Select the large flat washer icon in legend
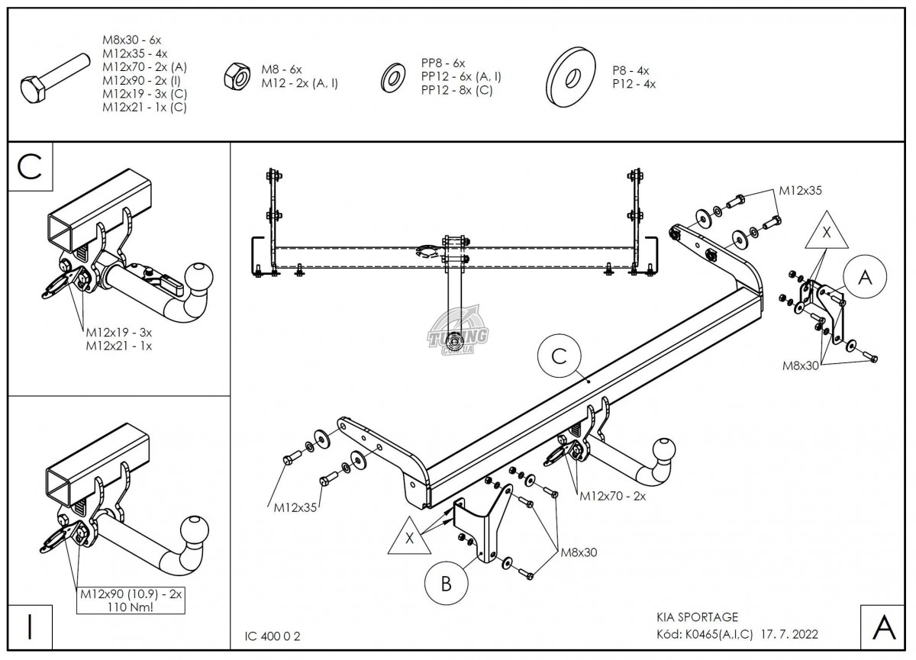click(572, 77)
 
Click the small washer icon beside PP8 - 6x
click(394, 76)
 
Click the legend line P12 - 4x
click(634, 85)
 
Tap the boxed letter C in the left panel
click(30, 167)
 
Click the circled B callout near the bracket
click(447, 583)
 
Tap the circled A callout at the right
click(864, 278)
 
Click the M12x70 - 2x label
click(613, 497)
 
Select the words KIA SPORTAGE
click(697, 617)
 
